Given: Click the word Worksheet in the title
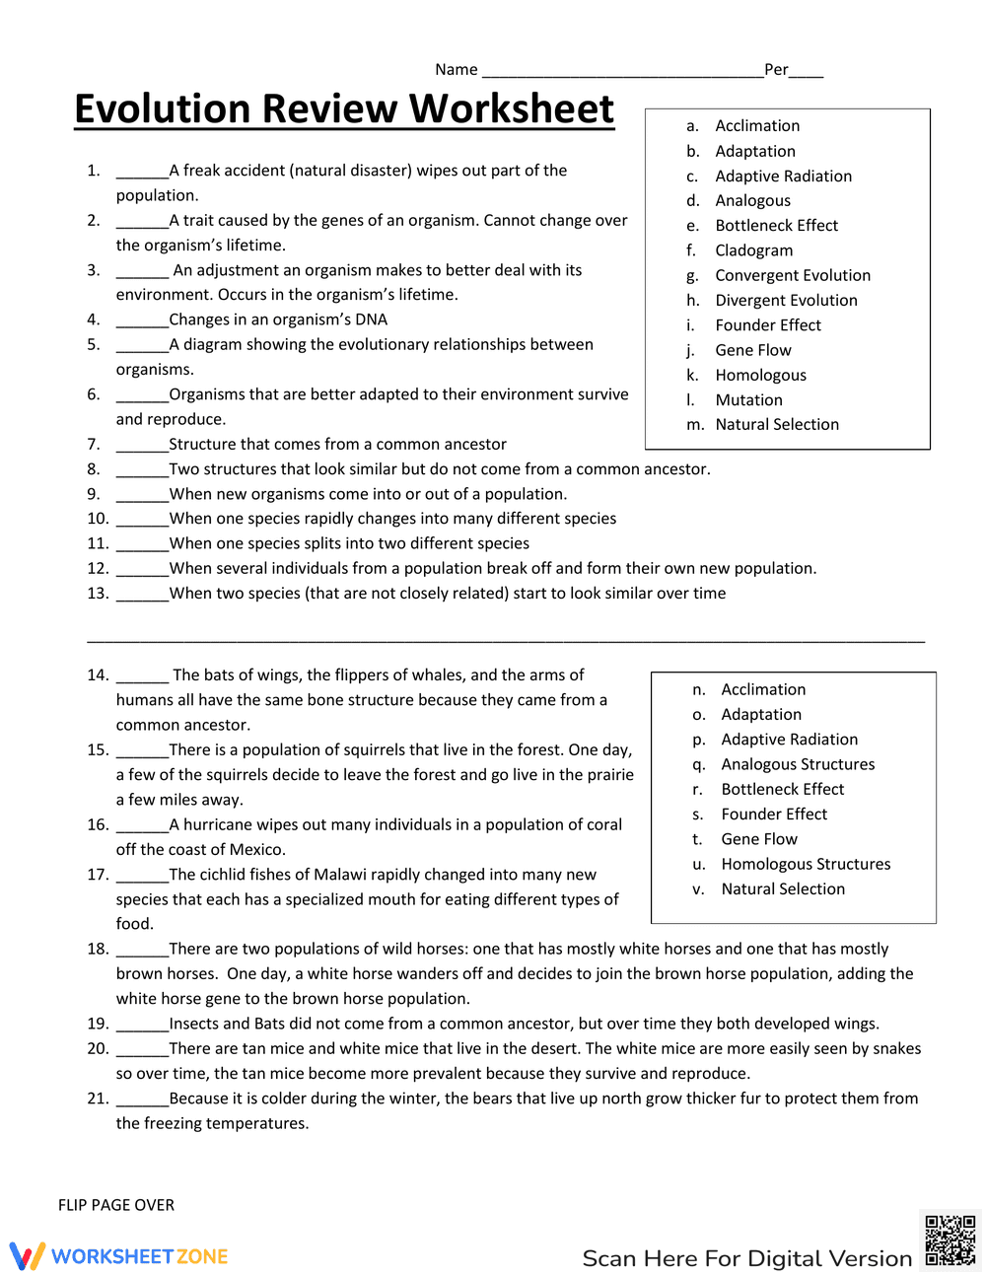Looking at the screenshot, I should click(x=512, y=108).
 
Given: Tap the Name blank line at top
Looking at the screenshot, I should click(x=622, y=71).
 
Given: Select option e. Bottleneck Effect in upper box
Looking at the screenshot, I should click(x=776, y=226).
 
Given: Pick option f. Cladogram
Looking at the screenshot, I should click(x=753, y=250).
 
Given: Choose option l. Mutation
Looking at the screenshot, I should click(x=748, y=400).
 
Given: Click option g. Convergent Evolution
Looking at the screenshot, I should click(x=792, y=276).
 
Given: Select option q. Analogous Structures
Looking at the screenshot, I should click(x=797, y=764).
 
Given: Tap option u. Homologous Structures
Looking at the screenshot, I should click(x=805, y=864).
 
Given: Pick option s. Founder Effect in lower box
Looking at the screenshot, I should click(x=773, y=815).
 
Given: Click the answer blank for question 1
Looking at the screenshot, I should click(x=142, y=173).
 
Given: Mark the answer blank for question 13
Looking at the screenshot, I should click(x=142, y=596).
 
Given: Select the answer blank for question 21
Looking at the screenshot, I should click(x=142, y=1100).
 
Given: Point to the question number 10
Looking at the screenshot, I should click(x=97, y=519).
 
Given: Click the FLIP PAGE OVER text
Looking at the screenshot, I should click(x=116, y=1205).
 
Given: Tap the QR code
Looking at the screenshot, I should click(x=950, y=1241).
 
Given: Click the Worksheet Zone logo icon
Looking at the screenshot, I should click(x=28, y=1255).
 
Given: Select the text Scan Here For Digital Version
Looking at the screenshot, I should click(x=746, y=1258).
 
